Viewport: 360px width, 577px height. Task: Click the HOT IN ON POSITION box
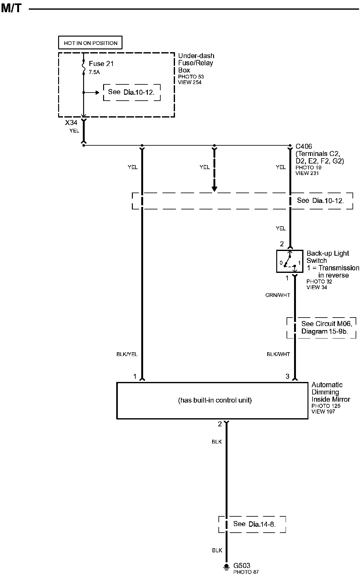[90, 43]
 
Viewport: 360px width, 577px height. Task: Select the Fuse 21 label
[101, 64]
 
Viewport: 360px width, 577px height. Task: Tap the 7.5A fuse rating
[94, 72]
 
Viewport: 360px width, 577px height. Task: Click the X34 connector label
[71, 123]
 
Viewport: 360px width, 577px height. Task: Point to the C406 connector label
[304, 146]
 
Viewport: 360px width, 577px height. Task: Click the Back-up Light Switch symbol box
[290, 261]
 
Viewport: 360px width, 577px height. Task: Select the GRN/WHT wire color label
[278, 295]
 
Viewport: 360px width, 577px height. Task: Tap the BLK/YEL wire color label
[127, 354]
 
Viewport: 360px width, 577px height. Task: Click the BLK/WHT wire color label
[278, 354]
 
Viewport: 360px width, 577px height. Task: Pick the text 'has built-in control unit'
[215, 400]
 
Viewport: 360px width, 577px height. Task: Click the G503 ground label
[242, 565]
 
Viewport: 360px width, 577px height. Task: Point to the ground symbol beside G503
[226, 567]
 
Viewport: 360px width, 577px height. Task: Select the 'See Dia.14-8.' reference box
[252, 524]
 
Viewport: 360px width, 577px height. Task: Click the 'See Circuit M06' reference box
[322, 328]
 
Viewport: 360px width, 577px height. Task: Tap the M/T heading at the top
[11, 8]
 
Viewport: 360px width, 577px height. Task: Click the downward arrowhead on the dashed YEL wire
[214, 189]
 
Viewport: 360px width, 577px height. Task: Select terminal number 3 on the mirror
[287, 376]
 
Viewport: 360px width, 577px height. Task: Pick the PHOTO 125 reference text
[326, 406]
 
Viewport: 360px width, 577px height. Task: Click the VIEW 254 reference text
[190, 82]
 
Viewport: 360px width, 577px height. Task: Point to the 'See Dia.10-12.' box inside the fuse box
[132, 92]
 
